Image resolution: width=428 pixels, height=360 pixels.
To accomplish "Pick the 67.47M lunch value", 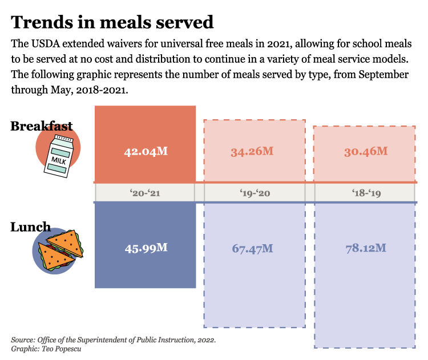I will tap(252, 248).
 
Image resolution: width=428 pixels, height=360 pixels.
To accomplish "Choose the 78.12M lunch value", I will tap(366, 248).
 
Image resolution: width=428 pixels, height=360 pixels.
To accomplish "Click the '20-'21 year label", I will tap(145, 193).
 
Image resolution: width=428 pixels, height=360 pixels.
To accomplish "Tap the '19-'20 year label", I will tap(255, 193).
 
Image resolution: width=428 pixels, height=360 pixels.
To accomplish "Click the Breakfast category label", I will tap(42, 126).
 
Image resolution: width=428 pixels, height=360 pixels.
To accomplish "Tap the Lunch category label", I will tap(30, 227).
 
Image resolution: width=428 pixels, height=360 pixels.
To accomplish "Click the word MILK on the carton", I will tap(59, 159).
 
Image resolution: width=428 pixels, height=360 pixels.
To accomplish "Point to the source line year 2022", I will tap(205, 340).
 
